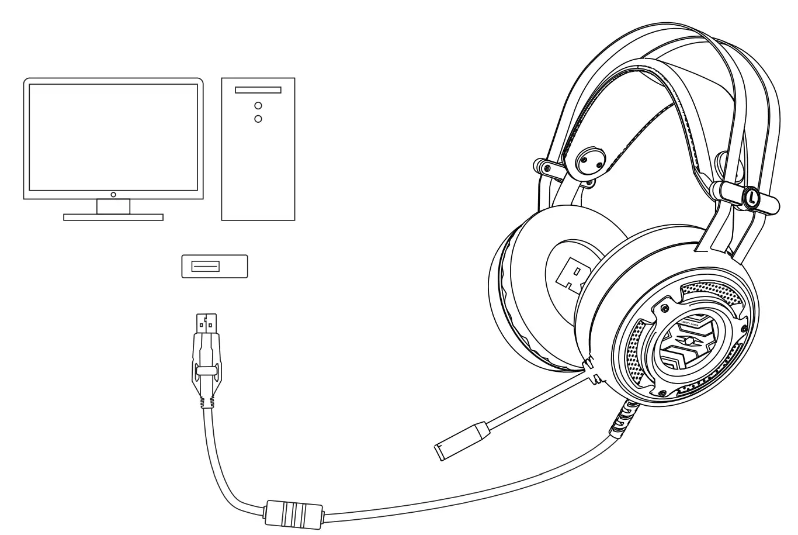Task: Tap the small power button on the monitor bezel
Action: point(113,194)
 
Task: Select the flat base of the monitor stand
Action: point(113,217)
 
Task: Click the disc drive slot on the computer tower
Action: point(258,91)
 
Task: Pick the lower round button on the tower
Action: point(258,119)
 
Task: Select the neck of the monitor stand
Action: point(113,206)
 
